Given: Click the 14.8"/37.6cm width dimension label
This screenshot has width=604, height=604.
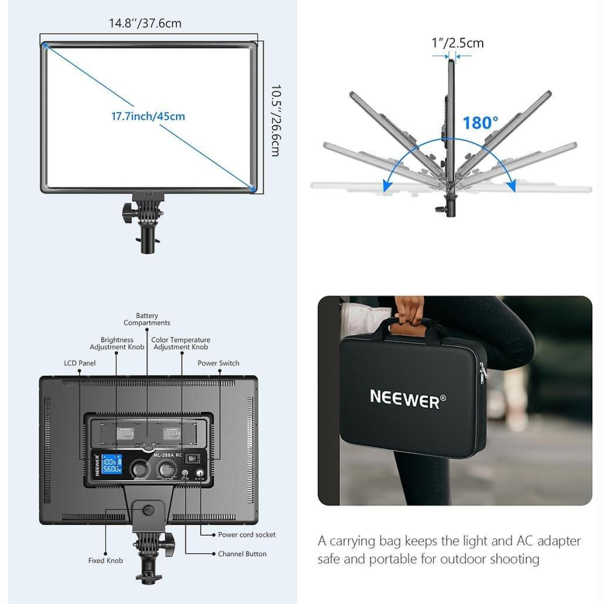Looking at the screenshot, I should [145, 23].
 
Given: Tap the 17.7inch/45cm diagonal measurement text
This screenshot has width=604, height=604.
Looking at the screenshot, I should [148, 116].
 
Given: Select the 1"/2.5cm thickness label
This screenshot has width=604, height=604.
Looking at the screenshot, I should [458, 43].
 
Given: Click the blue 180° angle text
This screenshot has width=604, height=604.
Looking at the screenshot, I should [480, 122].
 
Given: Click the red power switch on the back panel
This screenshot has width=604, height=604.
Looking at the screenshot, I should [191, 459].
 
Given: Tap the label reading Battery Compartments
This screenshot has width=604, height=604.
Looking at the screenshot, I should [147, 319].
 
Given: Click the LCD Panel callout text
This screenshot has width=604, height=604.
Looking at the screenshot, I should [80, 363].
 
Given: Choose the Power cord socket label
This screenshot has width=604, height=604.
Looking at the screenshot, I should [247, 535].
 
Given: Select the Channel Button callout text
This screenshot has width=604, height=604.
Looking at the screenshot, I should [242, 554].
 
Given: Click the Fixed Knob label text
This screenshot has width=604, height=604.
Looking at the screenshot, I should [106, 560].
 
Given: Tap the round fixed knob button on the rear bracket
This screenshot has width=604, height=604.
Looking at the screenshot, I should [148, 510].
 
